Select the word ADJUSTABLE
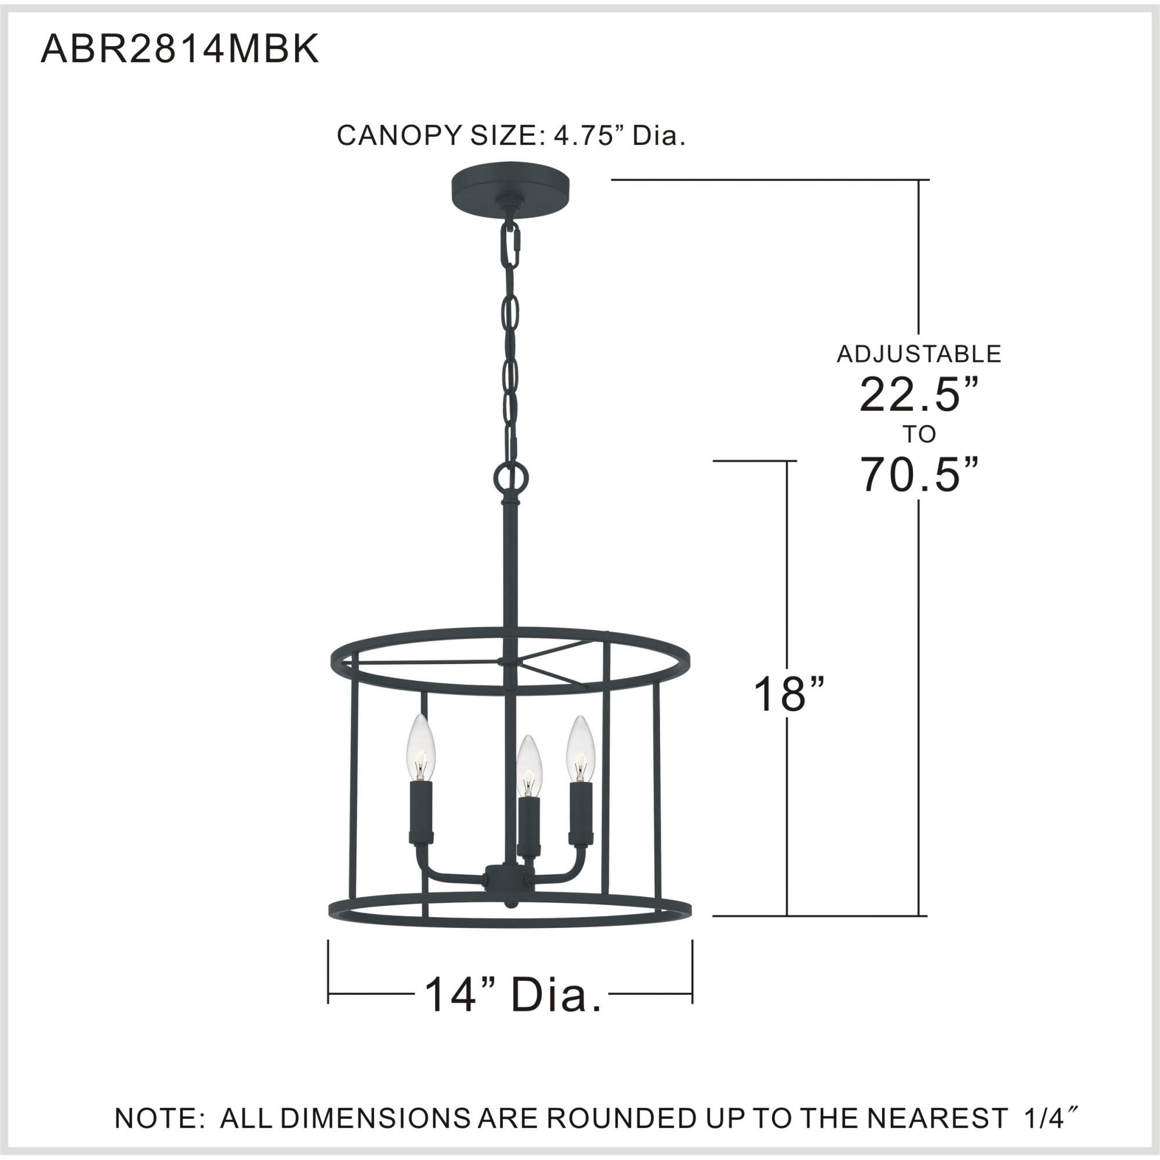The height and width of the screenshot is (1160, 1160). tap(919, 354)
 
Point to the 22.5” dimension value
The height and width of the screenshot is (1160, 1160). tap(919, 395)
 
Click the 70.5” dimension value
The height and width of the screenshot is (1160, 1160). tap(919, 474)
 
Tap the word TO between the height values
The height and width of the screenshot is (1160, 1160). tap(919, 434)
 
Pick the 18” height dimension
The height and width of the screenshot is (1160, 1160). tap(788, 695)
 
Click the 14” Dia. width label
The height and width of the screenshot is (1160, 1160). tap(513, 995)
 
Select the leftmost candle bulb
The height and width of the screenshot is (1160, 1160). tap(420, 748)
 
